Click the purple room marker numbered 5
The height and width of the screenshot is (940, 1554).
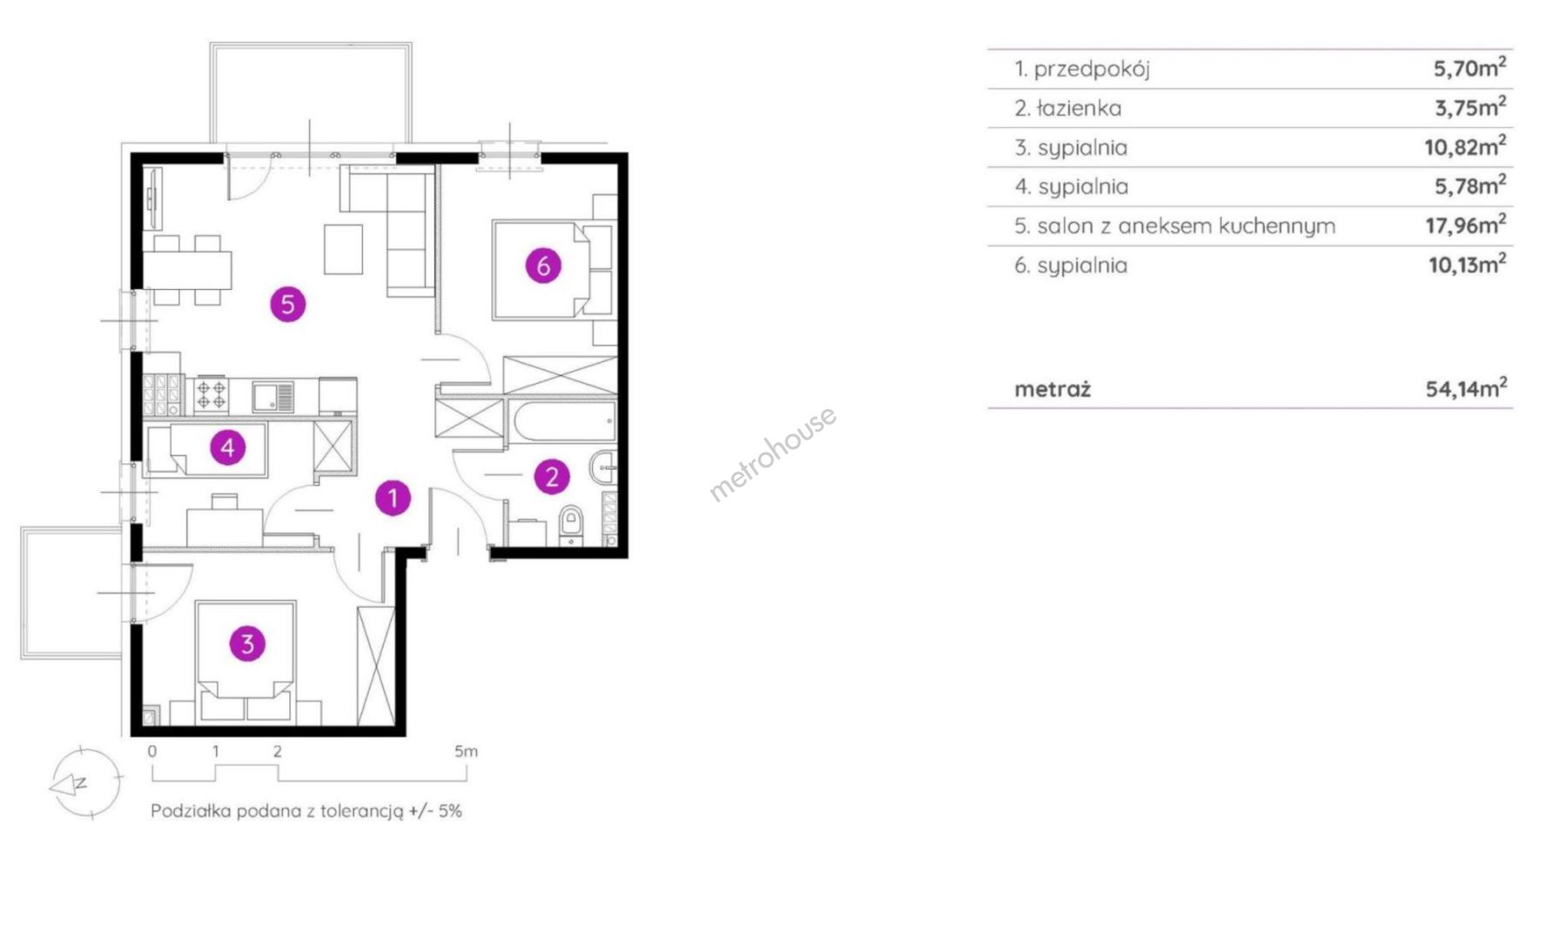pos(288,304)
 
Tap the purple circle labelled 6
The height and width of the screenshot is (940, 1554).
pos(543,265)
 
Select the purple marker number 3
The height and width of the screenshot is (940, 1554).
pos(247,643)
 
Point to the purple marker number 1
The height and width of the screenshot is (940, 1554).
pos(393,498)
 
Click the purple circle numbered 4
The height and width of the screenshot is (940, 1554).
pos(228,447)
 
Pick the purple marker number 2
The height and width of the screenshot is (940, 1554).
pos(552,476)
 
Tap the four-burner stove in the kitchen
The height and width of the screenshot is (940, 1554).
pos(211,394)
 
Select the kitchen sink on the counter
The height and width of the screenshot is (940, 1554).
pos(273,397)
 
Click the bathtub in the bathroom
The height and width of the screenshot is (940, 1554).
pos(564,422)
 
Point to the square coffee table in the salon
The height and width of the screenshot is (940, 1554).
pos(343,250)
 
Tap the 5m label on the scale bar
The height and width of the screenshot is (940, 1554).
pos(466,751)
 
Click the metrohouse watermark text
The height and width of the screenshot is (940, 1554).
pos(772,453)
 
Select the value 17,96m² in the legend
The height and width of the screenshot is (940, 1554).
pos(1465,225)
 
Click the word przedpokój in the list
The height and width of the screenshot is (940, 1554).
pos(1092,69)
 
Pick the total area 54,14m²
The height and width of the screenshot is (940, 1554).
pos(1466,387)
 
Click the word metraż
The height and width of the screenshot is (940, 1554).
pos(1053,389)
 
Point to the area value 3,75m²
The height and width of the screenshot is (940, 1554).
pos(1470,107)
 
